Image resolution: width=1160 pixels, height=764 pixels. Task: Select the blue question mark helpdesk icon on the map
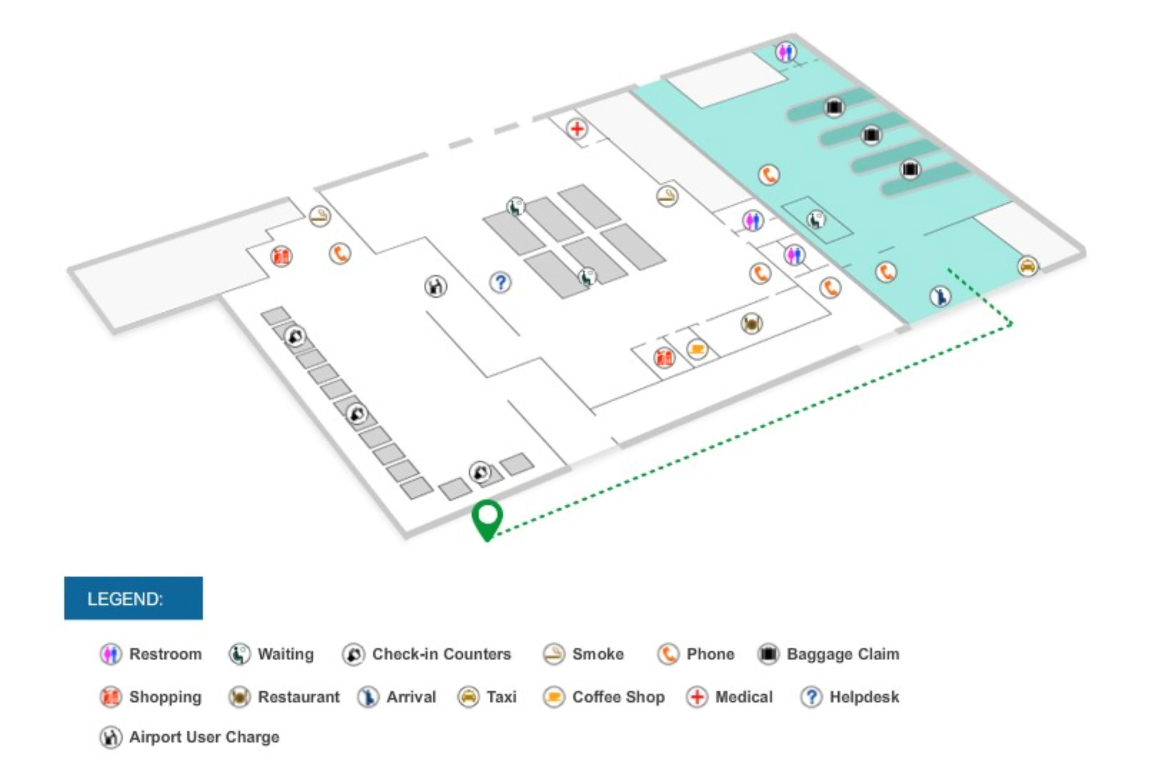click(500, 282)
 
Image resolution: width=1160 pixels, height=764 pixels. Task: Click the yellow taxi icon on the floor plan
click(1028, 266)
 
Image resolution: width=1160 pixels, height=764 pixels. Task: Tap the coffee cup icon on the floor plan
click(697, 349)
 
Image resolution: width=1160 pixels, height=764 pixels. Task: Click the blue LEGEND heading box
click(133, 598)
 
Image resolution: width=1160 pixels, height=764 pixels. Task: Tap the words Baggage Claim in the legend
click(843, 654)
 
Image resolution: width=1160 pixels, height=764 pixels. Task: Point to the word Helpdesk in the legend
click(864, 697)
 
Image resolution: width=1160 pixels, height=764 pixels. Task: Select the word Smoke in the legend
click(598, 654)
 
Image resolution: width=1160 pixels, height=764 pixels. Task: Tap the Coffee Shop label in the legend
click(618, 697)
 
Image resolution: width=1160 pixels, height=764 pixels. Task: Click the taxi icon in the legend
click(468, 697)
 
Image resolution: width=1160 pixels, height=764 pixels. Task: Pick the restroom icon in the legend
click(111, 654)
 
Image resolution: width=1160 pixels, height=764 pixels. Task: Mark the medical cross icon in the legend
click(697, 697)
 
